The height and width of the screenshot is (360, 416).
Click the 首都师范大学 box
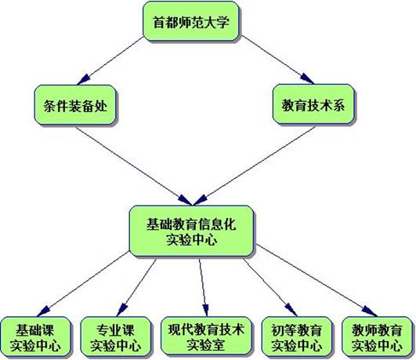190,21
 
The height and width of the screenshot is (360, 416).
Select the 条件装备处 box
75,105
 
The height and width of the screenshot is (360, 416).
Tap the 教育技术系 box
313,104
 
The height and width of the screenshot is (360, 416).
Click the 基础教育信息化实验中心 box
191,231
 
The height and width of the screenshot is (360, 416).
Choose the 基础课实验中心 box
35,336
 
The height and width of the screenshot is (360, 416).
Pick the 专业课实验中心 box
116,336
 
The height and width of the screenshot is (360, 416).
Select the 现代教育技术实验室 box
206,336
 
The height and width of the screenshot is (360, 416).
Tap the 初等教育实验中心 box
296,336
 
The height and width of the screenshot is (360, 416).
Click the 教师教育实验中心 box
377,336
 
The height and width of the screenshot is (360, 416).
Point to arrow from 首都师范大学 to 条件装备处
110,61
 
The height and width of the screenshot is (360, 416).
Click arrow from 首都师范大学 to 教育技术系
277,60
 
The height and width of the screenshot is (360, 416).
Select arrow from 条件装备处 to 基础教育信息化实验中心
134,166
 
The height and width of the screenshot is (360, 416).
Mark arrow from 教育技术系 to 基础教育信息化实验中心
254,165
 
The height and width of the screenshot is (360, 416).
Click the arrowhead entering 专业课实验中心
121,310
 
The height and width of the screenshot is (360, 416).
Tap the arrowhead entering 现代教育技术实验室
205,311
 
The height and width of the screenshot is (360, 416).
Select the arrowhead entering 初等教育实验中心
291,310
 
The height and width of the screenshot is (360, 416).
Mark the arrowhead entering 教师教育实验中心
370,311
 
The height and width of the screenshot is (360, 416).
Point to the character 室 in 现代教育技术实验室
219,345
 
